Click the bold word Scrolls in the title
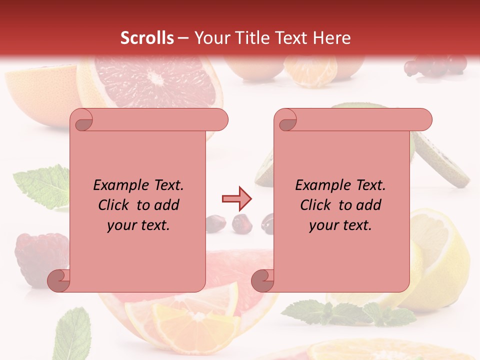[147, 38]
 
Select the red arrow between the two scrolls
[236, 199]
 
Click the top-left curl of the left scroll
[81, 120]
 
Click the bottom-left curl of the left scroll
[58, 280]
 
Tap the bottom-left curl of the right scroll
[262, 280]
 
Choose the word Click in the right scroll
[315, 205]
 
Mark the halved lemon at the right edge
[440, 260]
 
